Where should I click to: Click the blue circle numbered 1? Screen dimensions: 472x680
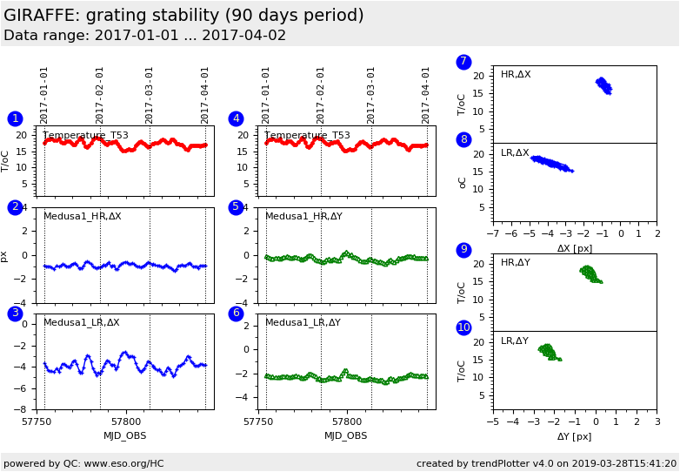pos(15,118)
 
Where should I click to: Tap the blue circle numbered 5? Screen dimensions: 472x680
pos(236,207)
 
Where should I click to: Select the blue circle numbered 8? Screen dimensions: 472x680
pos(463,139)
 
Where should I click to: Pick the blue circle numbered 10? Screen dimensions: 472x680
pos(463,327)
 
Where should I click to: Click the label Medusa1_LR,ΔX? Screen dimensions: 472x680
pos(82,322)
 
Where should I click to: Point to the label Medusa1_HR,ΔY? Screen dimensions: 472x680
pos(303,216)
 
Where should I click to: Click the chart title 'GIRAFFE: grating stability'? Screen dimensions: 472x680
pos(183,16)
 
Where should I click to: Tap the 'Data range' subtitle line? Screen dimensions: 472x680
pos(144,36)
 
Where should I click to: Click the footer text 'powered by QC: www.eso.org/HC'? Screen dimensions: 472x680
pos(83,463)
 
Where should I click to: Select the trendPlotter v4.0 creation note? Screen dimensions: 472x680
pos(546,463)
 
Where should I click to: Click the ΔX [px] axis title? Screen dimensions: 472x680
pos(574,248)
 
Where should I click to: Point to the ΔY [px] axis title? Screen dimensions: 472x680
pos(574,436)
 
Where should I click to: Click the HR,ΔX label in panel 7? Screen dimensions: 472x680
pos(516,75)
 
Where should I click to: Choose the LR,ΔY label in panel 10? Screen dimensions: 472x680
pos(515,341)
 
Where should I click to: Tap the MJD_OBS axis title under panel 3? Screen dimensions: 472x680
pos(125,435)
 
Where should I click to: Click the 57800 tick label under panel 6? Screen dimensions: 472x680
pos(347,421)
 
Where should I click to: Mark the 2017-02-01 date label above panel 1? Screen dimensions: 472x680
pos(100,95)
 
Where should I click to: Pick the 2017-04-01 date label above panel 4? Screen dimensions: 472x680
pos(427,95)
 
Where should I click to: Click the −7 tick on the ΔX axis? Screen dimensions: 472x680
pos(492,234)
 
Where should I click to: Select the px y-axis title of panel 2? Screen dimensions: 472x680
pos(4,256)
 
